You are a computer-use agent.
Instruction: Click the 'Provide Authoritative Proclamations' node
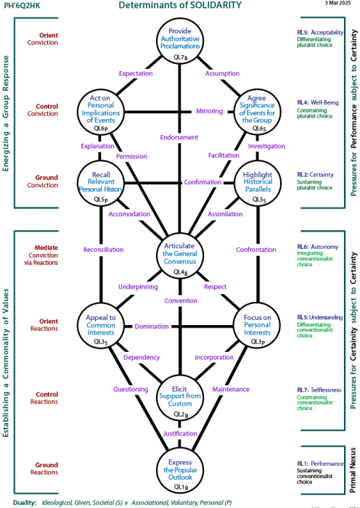[x=180, y=41]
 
